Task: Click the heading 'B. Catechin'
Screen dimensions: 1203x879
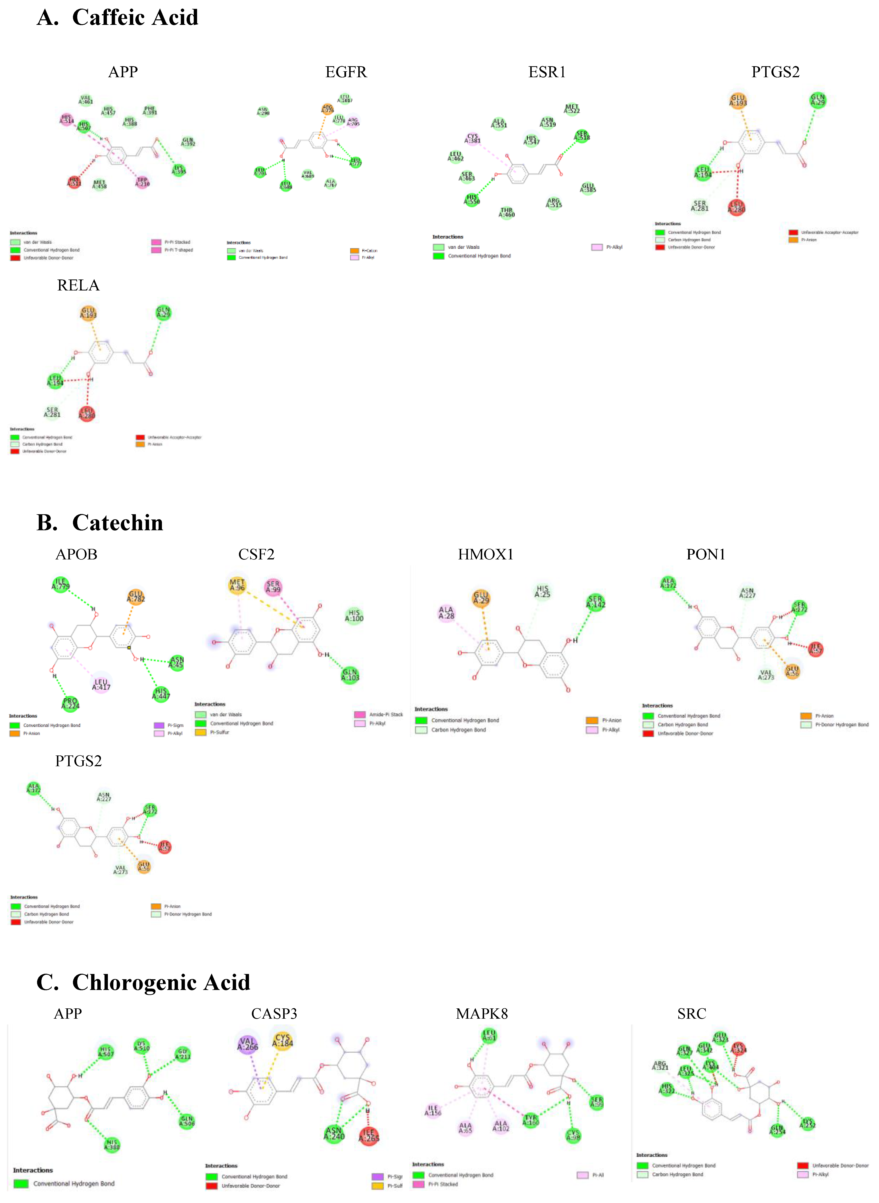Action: (x=100, y=523)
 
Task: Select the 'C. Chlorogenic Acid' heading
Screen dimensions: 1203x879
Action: (x=143, y=982)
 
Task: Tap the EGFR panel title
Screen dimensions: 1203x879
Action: (x=346, y=72)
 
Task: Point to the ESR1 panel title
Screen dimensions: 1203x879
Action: (x=547, y=72)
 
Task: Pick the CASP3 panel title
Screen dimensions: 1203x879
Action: (x=274, y=1014)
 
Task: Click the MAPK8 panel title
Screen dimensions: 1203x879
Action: (x=482, y=1014)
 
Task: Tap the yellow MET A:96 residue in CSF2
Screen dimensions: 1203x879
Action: (x=237, y=585)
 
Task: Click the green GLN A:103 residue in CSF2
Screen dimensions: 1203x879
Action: (x=350, y=675)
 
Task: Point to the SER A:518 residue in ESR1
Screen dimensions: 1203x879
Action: (x=582, y=136)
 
